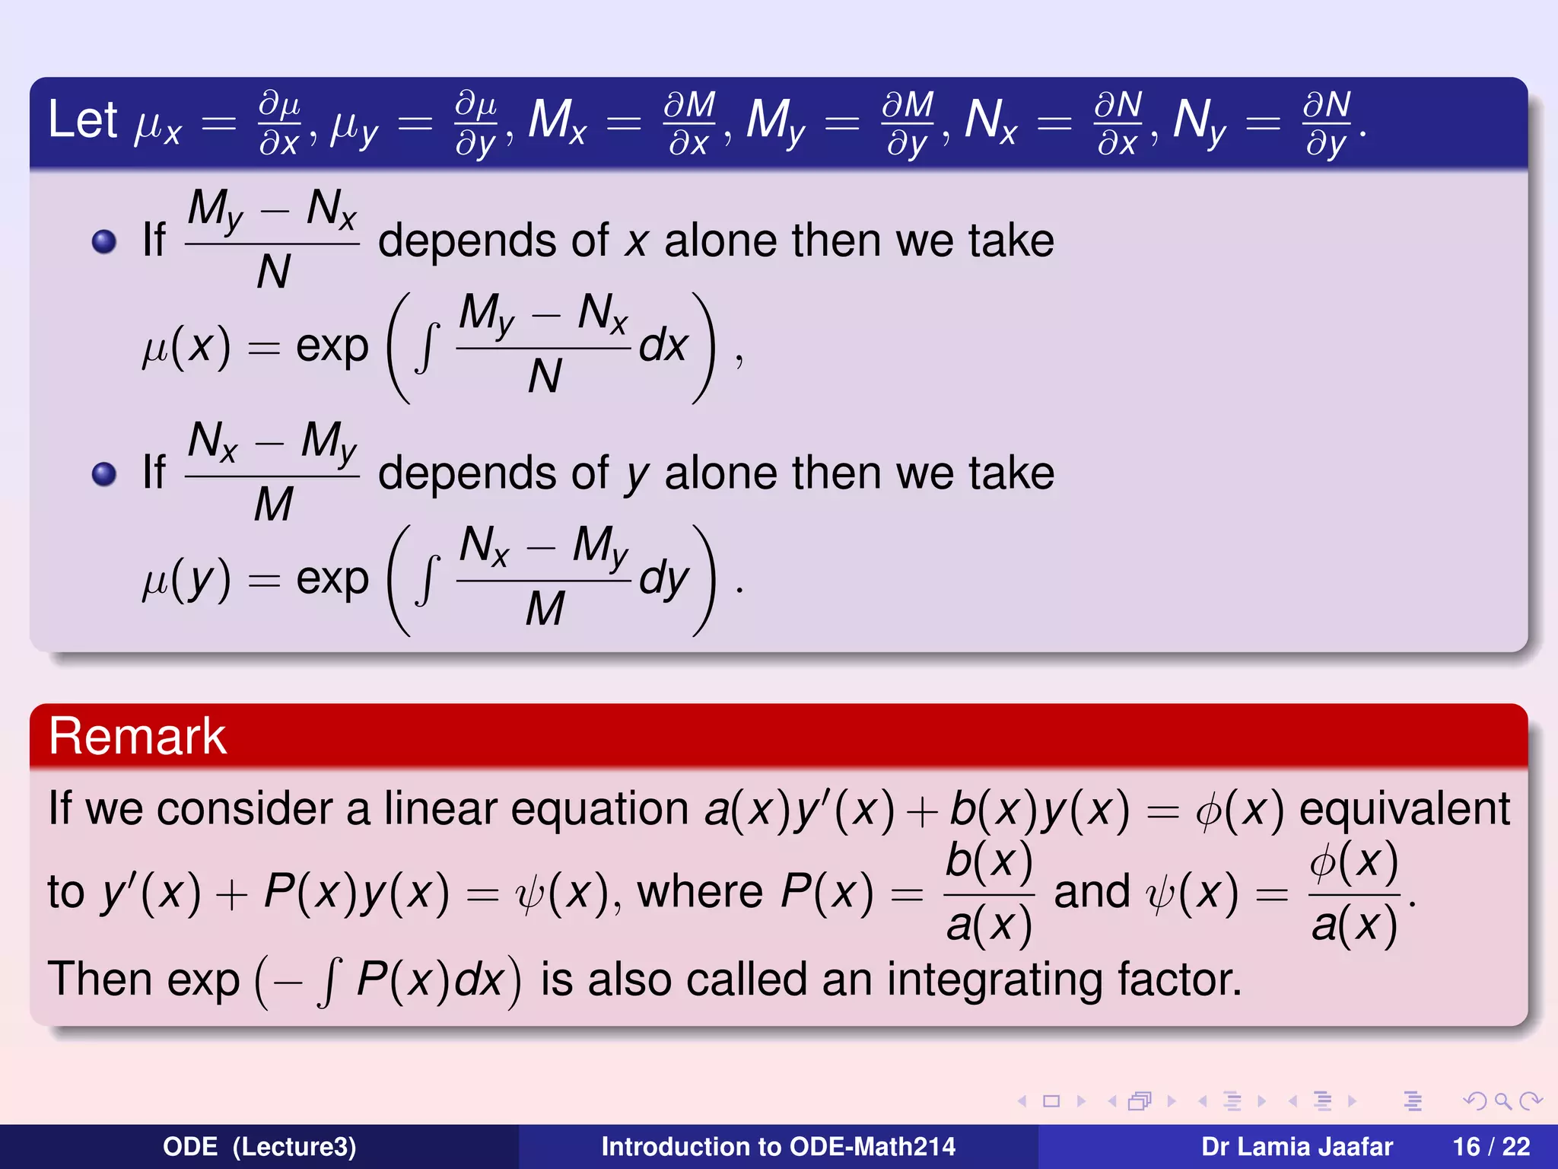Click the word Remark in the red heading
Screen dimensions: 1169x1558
coord(137,737)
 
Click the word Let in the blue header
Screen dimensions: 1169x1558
coord(82,120)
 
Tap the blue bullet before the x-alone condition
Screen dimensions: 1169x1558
coord(103,242)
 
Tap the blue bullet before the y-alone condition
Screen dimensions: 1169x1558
coord(103,474)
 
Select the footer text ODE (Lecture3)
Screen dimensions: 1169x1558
coord(259,1146)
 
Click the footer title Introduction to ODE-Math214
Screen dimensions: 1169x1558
coord(778,1146)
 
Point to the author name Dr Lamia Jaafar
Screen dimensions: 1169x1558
coord(1296,1146)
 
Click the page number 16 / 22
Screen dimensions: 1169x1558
coord(1491,1146)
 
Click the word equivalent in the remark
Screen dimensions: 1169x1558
coord(1404,808)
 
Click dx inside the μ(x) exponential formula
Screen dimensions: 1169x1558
coord(663,346)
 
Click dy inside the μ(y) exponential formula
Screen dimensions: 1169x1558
coord(663,580)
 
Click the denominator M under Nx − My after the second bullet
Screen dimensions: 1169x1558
coord(273,504)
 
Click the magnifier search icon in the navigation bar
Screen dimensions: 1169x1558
coord(1502,1101)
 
